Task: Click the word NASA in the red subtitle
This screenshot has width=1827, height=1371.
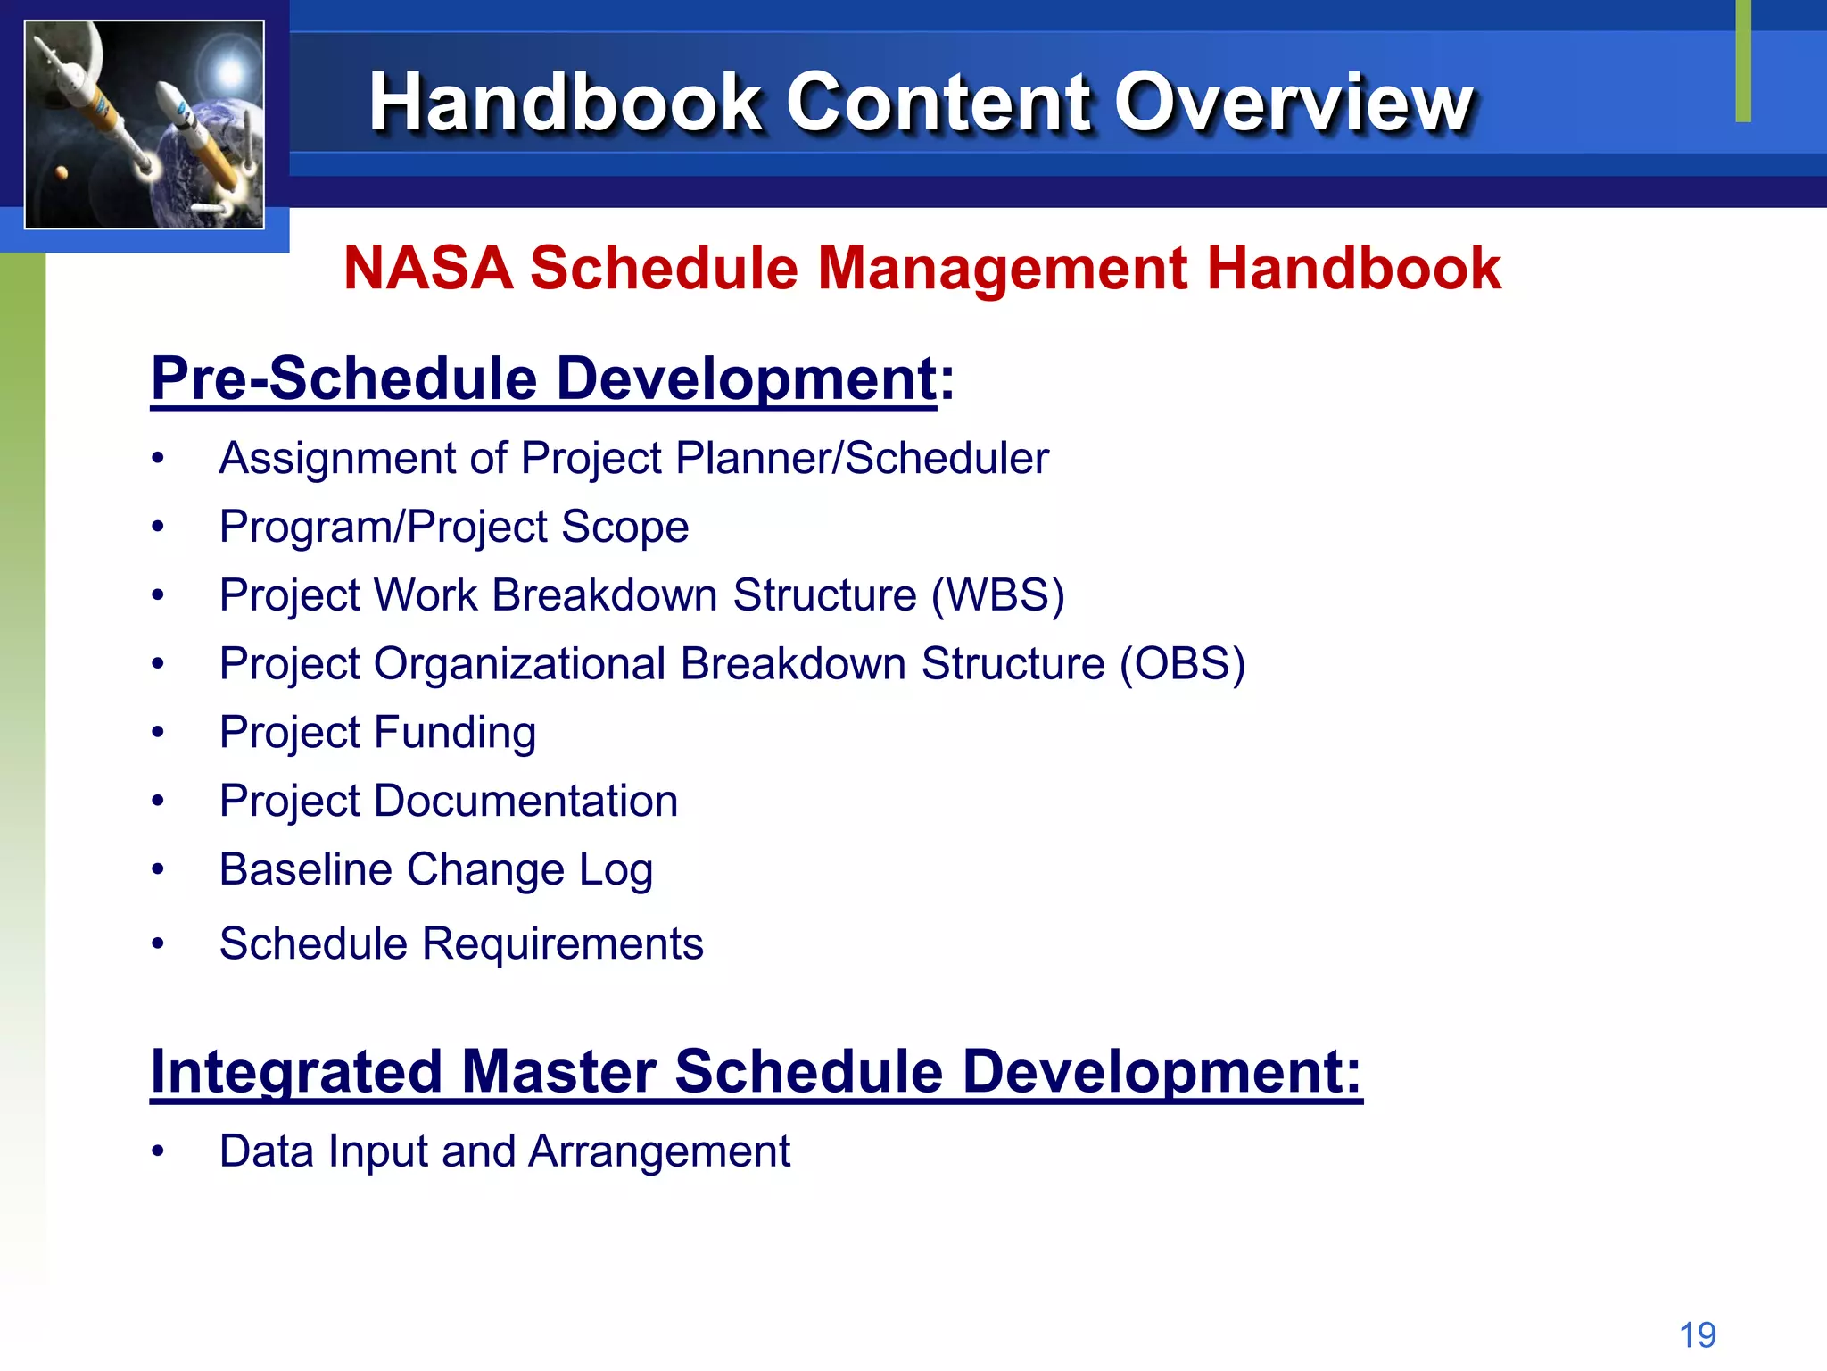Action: click(x=428, y=268)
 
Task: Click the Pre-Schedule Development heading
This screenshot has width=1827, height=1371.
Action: click(x=543, y=378)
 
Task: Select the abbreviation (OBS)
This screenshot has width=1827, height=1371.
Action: click(x=1182, y=664)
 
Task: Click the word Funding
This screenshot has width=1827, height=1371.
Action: click(x=455, y=733)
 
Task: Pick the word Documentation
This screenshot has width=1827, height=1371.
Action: click(x=525, y=801)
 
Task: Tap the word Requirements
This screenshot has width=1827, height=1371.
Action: click(x=562, y=943)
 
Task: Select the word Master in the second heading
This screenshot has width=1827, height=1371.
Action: click(x=558, y=1071)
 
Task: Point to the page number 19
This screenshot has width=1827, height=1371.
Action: click(x=1697, y=1335)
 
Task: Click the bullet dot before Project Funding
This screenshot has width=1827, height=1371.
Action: click(x=158, y=733)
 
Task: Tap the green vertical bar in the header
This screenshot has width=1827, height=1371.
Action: click(x=1743, y=61)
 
